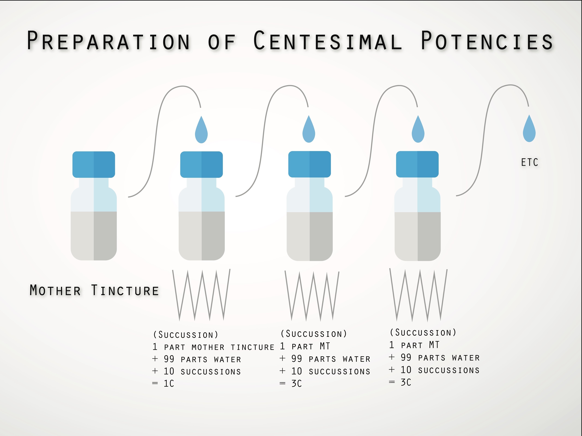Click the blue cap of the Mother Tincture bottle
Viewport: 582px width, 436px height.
[x=94, y=164]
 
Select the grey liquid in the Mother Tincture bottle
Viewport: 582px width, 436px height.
[x=94, y=236]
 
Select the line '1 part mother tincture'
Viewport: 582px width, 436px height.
[x=213, y=347]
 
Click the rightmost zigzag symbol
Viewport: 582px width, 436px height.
[x=418, y=295]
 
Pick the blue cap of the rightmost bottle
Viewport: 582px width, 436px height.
[x=417, y=164]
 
